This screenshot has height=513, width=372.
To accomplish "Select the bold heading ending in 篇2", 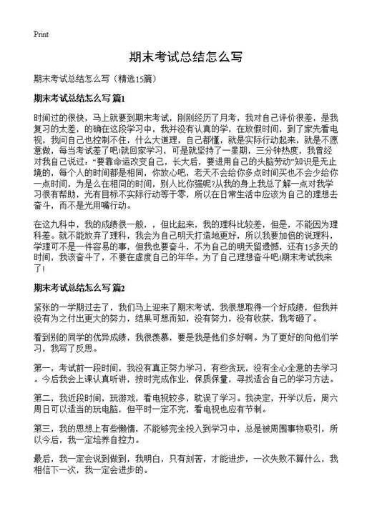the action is click(79, 288).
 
